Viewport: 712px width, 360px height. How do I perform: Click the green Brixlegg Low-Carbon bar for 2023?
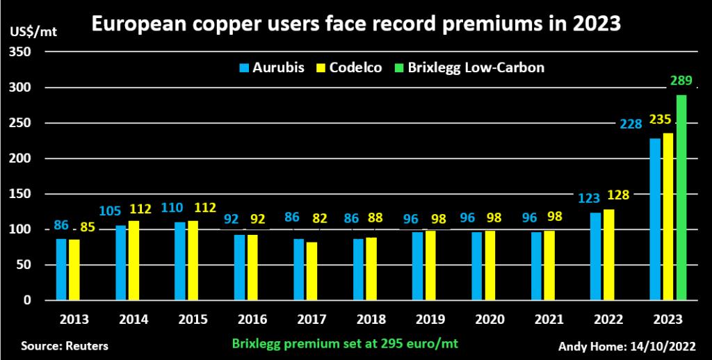tap(681, 197)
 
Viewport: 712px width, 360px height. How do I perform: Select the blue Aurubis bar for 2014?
tap(120, 263)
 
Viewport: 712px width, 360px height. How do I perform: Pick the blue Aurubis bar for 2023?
tap(654, 219)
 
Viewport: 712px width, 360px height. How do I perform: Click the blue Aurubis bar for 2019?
tap(417, 266)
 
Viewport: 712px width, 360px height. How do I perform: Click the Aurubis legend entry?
tap(271, 67)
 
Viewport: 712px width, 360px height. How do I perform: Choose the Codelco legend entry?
tap(350, 67)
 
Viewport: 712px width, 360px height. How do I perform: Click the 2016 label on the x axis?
tap(252, 320)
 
